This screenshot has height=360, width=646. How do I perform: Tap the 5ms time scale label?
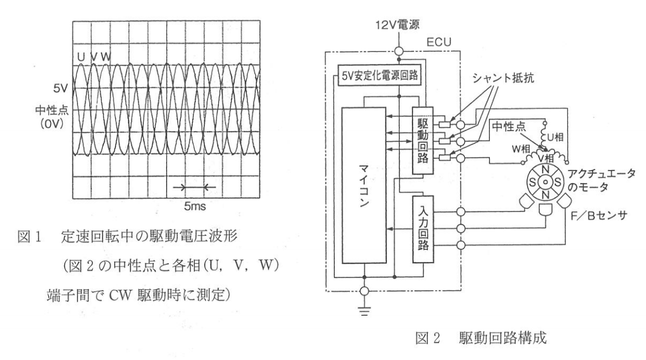click(194, 206)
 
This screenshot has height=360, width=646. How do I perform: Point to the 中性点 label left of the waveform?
click(51, 110)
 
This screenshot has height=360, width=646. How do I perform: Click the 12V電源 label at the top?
click(397, 25)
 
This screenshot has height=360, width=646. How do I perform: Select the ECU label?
click(438, 42)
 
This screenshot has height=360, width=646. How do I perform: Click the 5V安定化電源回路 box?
click(379, 75)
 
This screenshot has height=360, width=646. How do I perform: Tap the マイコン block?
click(364, 185)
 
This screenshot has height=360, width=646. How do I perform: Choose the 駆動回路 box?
click(423, 141)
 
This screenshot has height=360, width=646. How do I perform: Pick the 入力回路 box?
click(423, 229)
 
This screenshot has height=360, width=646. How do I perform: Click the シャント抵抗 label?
click(503, 78)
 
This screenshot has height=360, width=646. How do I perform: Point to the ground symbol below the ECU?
click(364, 310)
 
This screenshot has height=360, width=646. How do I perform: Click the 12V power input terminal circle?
click(399, 51)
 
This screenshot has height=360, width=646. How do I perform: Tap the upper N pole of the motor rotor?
click(545, 169)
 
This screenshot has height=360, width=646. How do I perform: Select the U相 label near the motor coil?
click(555, 137)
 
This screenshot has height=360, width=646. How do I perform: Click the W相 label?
click(521, 149)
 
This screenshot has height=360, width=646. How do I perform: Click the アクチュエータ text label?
click(601, 173)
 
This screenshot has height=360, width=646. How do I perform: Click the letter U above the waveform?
click(81, 57)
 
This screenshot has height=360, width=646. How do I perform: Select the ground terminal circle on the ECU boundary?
click(364, 291)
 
